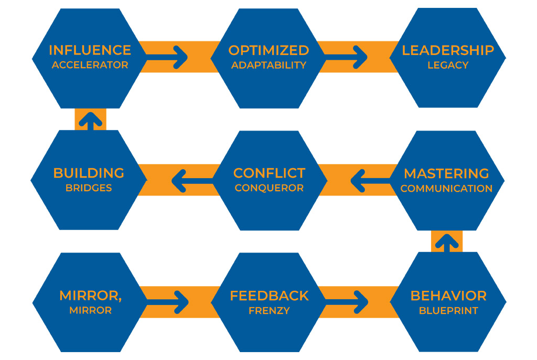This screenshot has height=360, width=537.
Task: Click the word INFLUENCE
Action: pos(90,50)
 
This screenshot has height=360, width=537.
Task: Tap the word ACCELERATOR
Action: pos(90,65)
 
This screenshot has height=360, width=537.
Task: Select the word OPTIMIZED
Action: pos(268,50)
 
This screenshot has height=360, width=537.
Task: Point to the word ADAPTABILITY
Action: pos(268,66)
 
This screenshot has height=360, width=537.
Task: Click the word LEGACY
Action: pos(448,65)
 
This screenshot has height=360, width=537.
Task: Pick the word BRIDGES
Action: pos(89,188)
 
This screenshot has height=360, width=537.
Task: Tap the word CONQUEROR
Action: pos(269,188)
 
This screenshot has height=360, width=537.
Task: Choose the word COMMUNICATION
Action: pos(446,188)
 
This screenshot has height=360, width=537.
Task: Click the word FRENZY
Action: pos(269,310)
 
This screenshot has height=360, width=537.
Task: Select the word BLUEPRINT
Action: pos(448,310)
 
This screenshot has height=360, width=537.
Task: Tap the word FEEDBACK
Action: pos(269,296)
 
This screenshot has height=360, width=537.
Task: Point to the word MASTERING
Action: pos(446,173)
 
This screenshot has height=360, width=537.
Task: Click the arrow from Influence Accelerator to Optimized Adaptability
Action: pos(167,57)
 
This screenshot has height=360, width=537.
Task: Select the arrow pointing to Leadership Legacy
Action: pos(346,57)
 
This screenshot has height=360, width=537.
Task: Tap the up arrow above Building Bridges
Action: pos(90,121)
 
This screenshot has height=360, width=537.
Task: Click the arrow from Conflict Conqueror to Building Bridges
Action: pos(192,181)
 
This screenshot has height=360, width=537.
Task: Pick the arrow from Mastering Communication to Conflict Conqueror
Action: pos(371,181)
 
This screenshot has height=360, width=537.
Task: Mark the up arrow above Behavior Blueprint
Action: pos(447,243)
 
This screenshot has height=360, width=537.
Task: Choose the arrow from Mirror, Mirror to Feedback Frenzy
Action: pos(167,302)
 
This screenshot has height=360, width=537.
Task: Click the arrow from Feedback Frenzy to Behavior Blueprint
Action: pos(347,302)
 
